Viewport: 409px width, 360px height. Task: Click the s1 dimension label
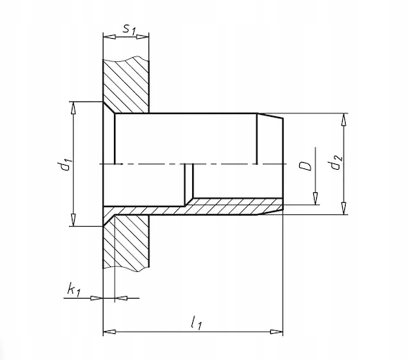130,29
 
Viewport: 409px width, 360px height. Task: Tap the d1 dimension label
64,164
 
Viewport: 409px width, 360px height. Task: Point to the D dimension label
305,166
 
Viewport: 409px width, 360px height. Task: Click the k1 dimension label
73,290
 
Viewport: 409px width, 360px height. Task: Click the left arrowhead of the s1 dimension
109,37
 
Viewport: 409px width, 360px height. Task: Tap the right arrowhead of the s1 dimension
142,37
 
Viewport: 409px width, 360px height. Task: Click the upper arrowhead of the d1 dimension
73,108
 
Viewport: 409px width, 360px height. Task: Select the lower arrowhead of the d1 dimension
73,220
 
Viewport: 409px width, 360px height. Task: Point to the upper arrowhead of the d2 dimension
344,120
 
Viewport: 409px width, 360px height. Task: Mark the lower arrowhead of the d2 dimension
344,209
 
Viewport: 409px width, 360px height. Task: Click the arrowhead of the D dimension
315,199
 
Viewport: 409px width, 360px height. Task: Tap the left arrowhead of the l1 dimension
110,332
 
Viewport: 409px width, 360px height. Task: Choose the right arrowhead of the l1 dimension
277,332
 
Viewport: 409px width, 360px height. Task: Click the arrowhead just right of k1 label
121,298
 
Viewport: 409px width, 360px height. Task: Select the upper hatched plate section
126,85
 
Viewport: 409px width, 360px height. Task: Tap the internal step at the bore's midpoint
189,185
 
